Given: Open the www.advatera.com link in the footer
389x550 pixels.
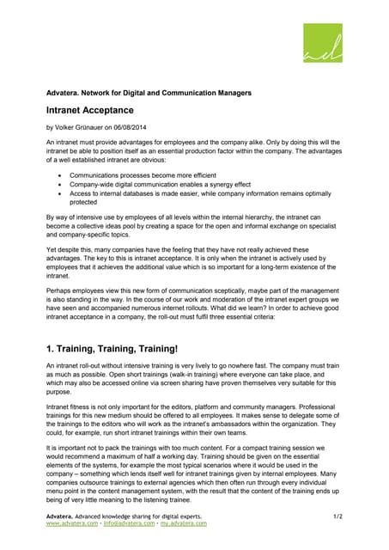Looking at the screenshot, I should coord(72,523).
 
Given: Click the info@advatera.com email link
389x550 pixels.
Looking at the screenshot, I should coord(129,523).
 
